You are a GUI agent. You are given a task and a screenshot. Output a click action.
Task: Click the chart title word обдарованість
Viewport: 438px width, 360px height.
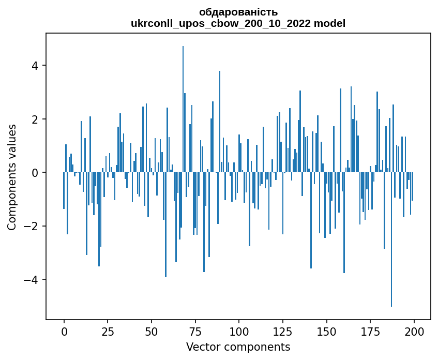point(238,12)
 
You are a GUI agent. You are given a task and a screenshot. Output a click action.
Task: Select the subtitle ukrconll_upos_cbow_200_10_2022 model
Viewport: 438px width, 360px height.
point(238,24)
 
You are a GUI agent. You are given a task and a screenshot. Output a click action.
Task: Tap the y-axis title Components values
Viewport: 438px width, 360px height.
point(11,177)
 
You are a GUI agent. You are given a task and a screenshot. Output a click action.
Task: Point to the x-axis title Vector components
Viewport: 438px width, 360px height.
point(238,347)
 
